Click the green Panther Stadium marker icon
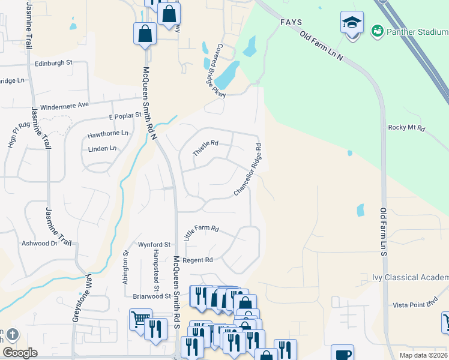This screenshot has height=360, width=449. pyautogui.click(x=378, y=30)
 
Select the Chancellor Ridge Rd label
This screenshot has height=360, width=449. pyautogui.click(x=248, y=170)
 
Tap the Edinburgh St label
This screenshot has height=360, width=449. pyautogui.click(x=53, y=62)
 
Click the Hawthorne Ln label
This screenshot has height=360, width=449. pyautogui.click(x=108, y=133)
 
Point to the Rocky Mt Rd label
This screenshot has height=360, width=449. pyautogui.click(x=406, y=128)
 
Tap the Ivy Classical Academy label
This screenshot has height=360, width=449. pyautogui.click(x=418, y=277)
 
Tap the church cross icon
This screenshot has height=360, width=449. pyautogui.click(x=13, y=334)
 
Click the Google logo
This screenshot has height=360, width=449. pyautogui.click(x=20, y=353)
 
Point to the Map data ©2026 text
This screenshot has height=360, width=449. pyautogui.click(x=423, y=355)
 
